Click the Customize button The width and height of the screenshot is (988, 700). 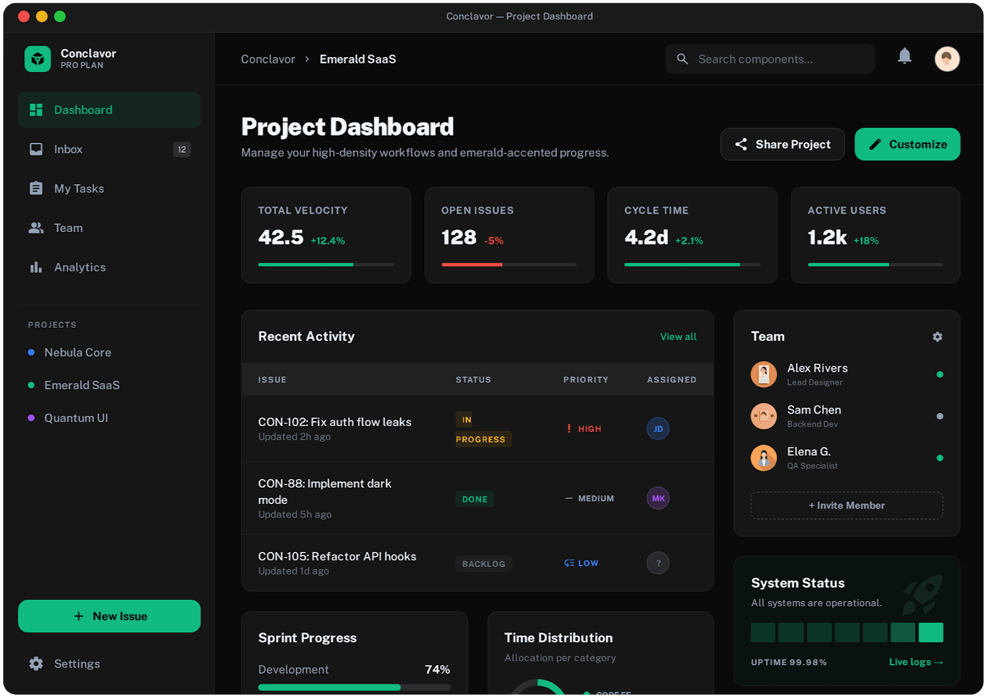[907, 144]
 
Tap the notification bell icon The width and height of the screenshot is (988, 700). [905, 56]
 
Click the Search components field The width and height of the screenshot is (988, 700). [770, 59]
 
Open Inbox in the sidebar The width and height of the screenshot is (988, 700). [68, 149]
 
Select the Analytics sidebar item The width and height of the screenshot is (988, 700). [79, 267]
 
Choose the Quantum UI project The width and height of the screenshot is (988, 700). [76, 418]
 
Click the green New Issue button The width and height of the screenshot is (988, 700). [109, 616]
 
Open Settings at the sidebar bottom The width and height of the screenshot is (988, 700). [77, 664]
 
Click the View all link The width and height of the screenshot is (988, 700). [678, 336]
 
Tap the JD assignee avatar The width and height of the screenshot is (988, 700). [658, 429]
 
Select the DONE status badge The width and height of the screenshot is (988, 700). [475, 499]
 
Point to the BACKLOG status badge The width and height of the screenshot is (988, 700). [484, 564]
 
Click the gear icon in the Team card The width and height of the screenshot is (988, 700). [938, 336]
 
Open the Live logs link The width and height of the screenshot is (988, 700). [916, 662]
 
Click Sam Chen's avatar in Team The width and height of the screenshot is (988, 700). [764, 416]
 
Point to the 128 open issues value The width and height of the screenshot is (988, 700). [459, 237]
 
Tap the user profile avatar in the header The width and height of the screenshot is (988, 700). [947, 59]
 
